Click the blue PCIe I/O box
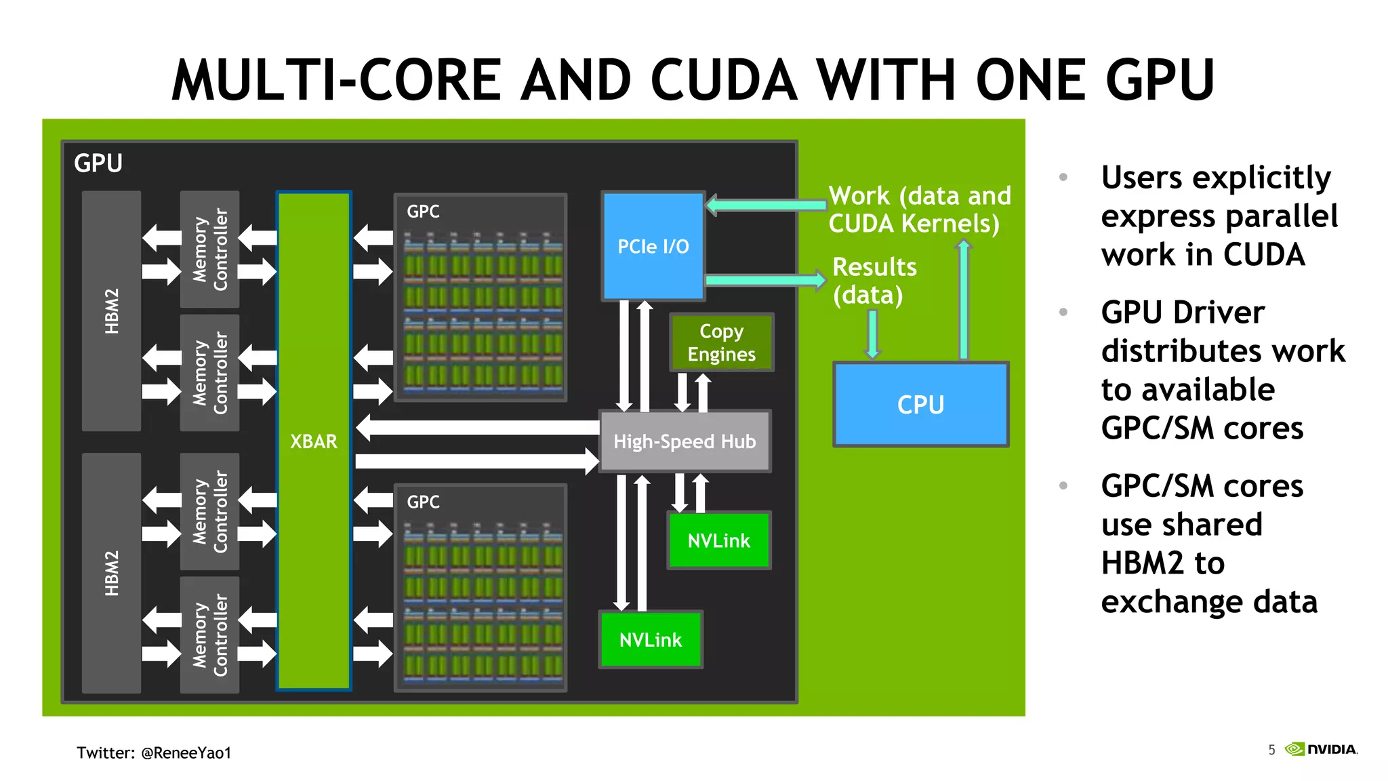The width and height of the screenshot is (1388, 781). click(x=653, y=246)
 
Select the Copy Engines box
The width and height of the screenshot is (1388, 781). click(x=721, y=342)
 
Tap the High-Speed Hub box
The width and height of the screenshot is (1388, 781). click(x=685, y=441)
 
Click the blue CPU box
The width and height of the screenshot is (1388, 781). click(x=920, y=405)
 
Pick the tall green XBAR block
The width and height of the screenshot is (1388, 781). click(x=314, y=441)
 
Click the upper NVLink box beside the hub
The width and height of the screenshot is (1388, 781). click(x=718, y=540)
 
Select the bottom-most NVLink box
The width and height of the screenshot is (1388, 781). click(x=650, y=639)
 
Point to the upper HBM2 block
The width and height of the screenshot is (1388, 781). click(x=112, y=311)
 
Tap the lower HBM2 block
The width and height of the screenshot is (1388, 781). click(x=112, y=573)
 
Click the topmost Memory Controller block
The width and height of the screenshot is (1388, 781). click(x=209, y=249)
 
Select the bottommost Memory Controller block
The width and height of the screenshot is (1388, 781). click(x=209, y=635)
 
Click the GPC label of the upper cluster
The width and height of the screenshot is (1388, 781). click(x=423, y=212)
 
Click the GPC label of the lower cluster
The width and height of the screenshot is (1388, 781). click(x=423, y=502)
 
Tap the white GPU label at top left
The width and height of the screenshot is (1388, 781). click(x=98, y=163)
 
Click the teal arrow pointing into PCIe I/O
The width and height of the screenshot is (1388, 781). click(x=766, y=205)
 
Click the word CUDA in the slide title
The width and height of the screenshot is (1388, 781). click(x=724, y=80)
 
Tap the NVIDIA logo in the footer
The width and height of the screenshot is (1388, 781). click(x=1322, y=749)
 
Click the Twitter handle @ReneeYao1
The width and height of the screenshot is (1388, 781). click(x=186, y=753)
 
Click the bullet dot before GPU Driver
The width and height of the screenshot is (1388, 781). click(x=1063, y=313)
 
